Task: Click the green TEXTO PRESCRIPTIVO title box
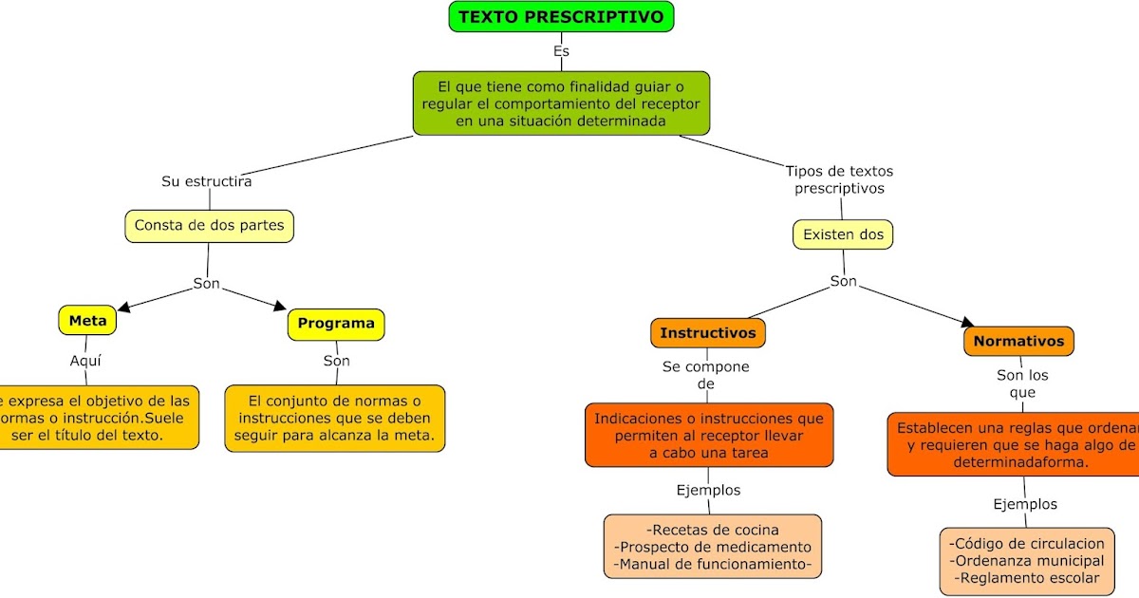click(x=561, y=16)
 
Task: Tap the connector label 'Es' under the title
click(x=561, y=51)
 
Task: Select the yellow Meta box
click(x=87, y=321)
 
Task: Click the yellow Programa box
click(x=336, y=324)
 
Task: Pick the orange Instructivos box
click(x=708, y=333)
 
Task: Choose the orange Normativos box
click(x=1019, y=341)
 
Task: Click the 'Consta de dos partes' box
click(x=209, y=226)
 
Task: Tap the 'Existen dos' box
click(x=843, y=234)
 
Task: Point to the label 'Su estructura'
click(x=207, y=181)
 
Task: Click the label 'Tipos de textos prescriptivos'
click(x=839, y=179)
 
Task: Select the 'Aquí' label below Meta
click(x=85, y=361)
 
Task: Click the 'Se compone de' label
click(x=705, y=375)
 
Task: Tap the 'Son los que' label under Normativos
click(x=1022, y=383)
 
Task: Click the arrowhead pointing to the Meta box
click(x=123, y=307)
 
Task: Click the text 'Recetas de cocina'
click(x=712, y=530)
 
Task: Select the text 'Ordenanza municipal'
click(x=1027, y=560)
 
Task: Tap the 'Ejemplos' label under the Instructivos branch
click(x=708, y=491)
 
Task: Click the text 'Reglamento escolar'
click(x=1027, y=577)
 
